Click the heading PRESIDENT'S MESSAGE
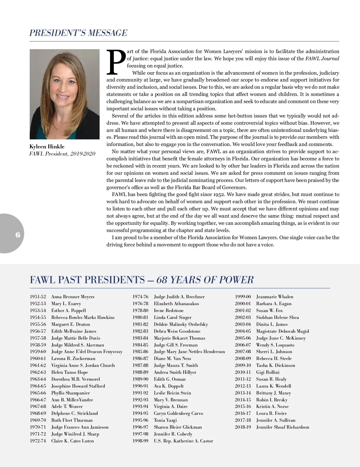coord(78,33)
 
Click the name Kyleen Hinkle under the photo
coord(47,147)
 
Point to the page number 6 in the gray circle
coord(18,234)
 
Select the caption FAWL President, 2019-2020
coord(62,154)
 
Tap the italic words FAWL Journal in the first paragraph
coord(322,59)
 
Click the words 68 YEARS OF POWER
coord(205,280)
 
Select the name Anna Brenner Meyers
coord(73,297)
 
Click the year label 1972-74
coord(38,441)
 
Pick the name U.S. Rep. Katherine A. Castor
coord(183,441)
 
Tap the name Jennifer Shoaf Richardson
coord(283,427)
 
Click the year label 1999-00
coord(243,297)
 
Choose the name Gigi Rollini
coord(268,372)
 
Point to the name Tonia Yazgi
coord(165,420)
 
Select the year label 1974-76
coord(140,297)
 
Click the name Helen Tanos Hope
coord(70,372)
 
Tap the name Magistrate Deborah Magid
coord(282,331)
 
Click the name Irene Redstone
coord(169,311)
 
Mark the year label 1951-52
coord(38,297)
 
